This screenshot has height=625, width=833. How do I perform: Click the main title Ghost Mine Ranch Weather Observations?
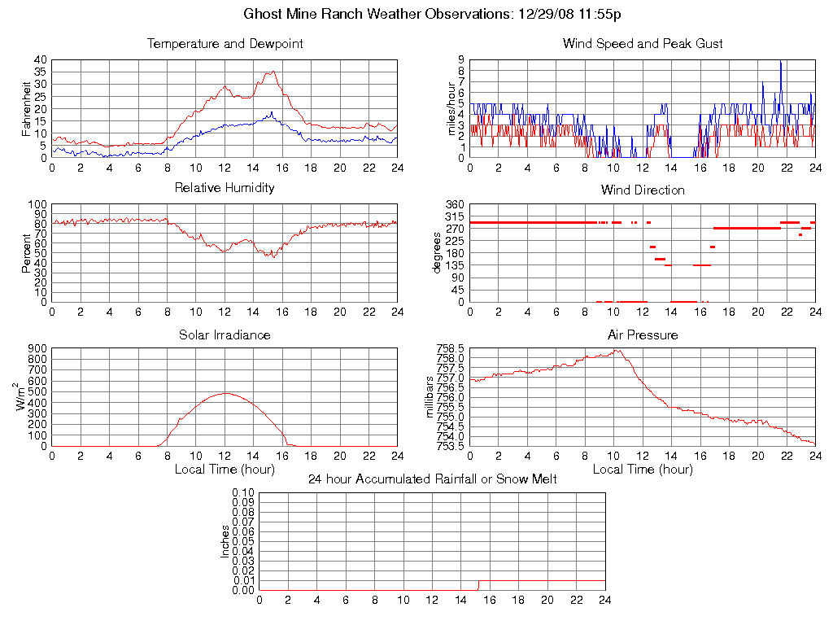[433, 14]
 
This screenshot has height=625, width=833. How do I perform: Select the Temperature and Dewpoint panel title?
[225, 44]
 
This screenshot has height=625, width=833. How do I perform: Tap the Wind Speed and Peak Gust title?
[643, 44]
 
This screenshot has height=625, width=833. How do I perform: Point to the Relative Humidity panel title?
[225, 188]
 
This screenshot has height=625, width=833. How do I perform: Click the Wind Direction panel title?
[643, 190]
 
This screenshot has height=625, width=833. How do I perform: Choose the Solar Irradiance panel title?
[225, 334]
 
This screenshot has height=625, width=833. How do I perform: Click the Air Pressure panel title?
[643, 334]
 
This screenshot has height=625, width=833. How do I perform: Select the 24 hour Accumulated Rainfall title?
[433, 479]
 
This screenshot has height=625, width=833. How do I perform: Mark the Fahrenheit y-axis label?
[26, 109]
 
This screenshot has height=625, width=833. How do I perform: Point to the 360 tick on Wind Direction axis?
[452, 204]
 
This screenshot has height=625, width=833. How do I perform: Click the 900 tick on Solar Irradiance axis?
[37, 349]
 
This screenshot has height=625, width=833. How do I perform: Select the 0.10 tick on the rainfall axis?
[243, 493]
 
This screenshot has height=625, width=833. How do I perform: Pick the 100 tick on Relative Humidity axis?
[37, 204]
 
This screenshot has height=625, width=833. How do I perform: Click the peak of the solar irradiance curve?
[225, 393]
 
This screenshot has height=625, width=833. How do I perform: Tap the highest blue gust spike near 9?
[781, 61]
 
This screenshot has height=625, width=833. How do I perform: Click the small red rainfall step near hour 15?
[478, 583]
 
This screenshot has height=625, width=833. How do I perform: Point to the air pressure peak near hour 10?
[616, 350]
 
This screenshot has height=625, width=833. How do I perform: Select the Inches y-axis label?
[225, 541]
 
